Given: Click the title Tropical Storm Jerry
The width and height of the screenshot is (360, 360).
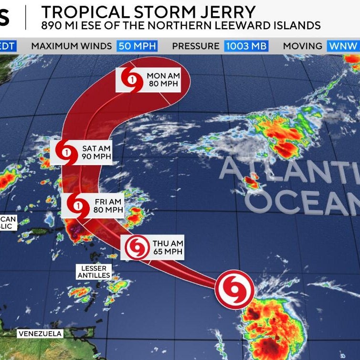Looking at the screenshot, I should (x=148, y=11).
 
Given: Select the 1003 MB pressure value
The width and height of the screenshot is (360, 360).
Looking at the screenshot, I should (x=246, y=46).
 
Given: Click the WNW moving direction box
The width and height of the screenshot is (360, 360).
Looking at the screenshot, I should (x=342, y=46).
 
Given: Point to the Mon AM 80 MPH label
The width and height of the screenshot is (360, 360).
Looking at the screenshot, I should (x=162, y=80).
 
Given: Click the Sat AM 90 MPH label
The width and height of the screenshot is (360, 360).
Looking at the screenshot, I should (x=95, y=152).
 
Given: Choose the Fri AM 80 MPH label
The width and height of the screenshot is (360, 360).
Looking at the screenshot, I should (x=107, y=206).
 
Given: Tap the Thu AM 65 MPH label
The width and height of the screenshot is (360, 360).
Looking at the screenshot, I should (x=167, y=248).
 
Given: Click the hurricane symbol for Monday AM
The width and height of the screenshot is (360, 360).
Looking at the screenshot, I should (x=131, y=80).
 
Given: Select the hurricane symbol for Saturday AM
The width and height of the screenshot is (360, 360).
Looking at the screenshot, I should (x=65, y=152).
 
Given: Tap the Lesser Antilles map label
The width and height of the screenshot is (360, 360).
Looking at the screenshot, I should (x=94, y=272).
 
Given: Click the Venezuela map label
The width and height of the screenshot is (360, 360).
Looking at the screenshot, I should (x=41, y=333).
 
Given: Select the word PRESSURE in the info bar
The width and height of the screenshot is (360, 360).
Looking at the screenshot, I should (x=195, y=46).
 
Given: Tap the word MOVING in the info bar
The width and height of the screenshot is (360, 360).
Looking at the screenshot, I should (x=302, y=46).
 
